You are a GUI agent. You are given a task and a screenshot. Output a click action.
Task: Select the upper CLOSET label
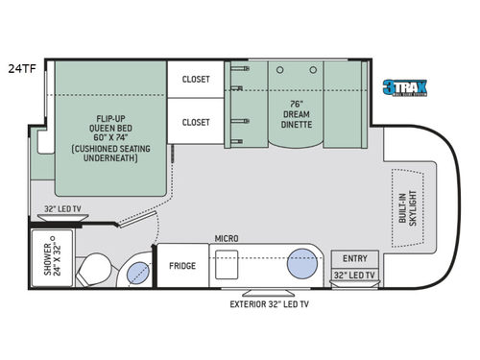(x=196, y=80)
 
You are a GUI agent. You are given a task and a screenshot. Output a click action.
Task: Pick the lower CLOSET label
(x=196, y=123)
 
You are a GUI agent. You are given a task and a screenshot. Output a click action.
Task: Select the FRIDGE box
(x=183, y=266)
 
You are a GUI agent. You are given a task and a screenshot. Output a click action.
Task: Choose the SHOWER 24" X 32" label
(x=50, y=255)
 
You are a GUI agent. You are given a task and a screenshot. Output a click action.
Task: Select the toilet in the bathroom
(x=97, y=268)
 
